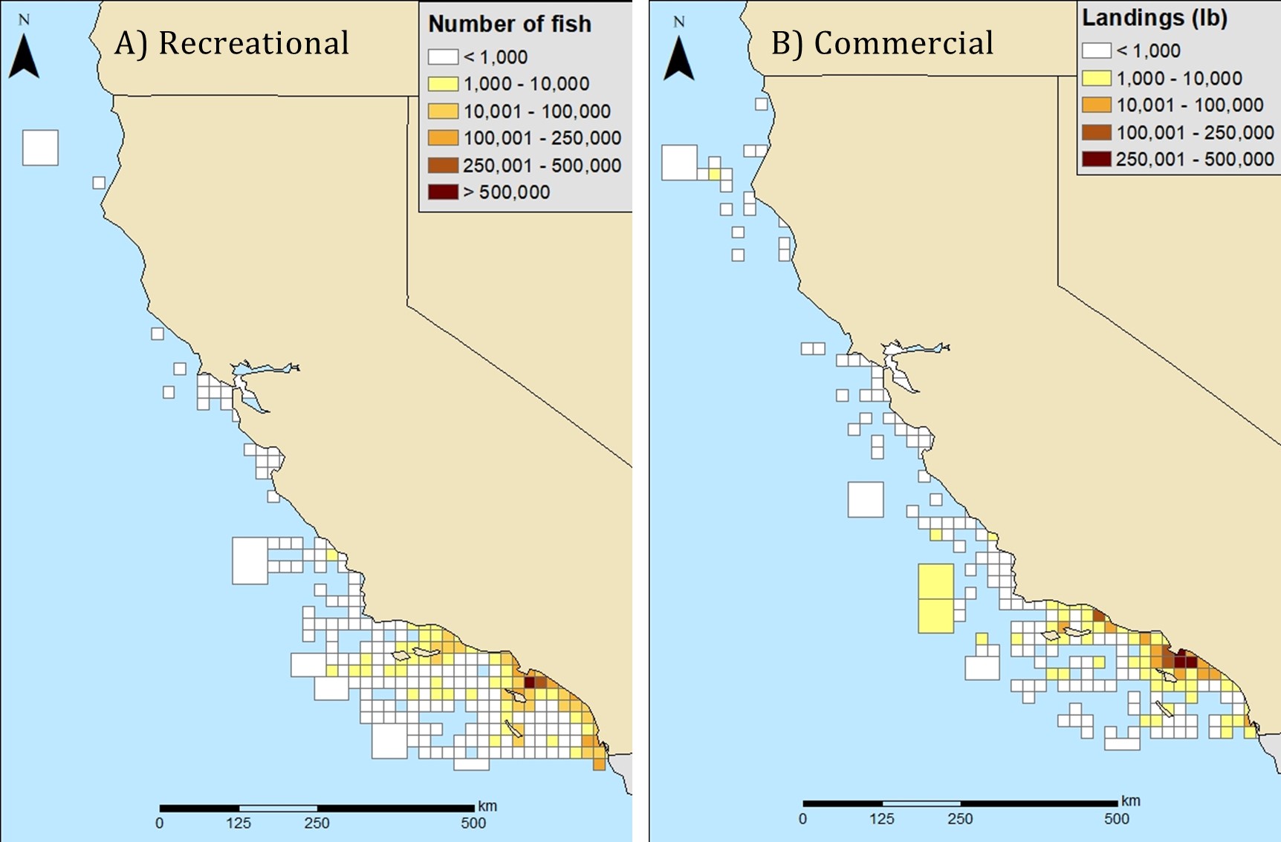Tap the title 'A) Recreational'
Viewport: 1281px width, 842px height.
232,43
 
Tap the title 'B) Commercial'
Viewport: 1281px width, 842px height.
882,43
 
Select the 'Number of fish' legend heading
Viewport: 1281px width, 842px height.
510,25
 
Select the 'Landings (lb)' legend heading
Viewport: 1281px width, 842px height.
1154,18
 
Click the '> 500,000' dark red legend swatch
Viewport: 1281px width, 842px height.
442,192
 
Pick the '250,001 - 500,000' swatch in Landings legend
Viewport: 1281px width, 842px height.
1096,159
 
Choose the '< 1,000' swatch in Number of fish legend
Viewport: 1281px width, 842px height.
442,57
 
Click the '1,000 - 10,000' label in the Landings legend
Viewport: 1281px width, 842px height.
1179,78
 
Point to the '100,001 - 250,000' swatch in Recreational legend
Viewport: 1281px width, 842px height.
442,138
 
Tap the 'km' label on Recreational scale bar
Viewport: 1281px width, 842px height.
487,806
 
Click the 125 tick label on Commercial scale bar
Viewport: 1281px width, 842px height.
882,819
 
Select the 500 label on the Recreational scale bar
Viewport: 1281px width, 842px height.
473,823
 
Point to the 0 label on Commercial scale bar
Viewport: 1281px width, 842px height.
802,819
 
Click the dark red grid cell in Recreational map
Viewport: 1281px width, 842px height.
530,682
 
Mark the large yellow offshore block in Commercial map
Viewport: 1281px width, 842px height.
935,598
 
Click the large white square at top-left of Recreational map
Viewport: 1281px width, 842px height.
40,148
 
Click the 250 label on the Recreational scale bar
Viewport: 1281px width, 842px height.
317,823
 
